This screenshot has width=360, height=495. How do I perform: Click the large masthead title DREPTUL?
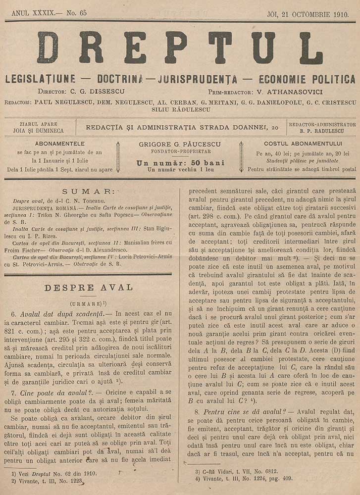point(180,48)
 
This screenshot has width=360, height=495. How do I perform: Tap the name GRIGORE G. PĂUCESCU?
point(180,144)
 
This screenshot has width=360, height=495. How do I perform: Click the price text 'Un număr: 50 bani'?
point(180,163)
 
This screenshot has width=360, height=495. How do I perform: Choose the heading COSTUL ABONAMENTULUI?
point(300,144)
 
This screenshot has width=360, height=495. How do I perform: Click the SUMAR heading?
point(88,191)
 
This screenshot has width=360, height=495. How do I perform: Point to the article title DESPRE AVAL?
point(88,288)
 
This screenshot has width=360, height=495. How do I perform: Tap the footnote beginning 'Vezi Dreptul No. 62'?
point(55,474)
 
